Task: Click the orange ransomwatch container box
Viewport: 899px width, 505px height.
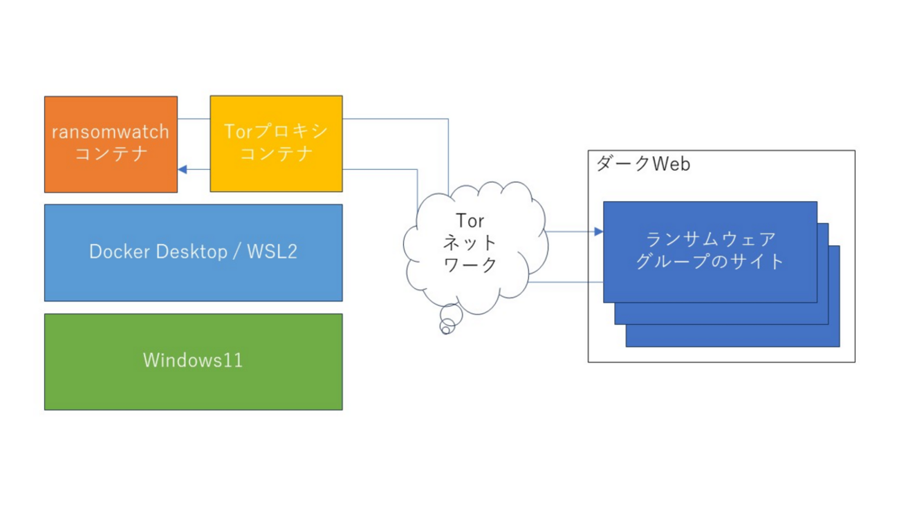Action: coord(111,144)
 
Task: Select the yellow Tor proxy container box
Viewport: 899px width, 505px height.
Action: coord(276,143)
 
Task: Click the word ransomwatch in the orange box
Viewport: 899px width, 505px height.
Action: coord(111,131)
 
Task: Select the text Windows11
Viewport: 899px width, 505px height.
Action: coord(193,360)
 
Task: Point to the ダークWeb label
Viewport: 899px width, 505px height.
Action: coord(643,164)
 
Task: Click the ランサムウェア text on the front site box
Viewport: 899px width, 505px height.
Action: coord(710,240)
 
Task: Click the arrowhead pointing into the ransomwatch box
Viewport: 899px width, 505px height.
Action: coord(183,169)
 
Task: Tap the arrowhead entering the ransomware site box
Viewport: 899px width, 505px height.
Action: coord(598,231)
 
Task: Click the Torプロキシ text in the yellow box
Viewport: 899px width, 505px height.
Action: coord(276,131)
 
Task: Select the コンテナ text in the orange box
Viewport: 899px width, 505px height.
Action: coord(111,153)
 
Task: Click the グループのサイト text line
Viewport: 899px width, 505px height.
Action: coord(710,262)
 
